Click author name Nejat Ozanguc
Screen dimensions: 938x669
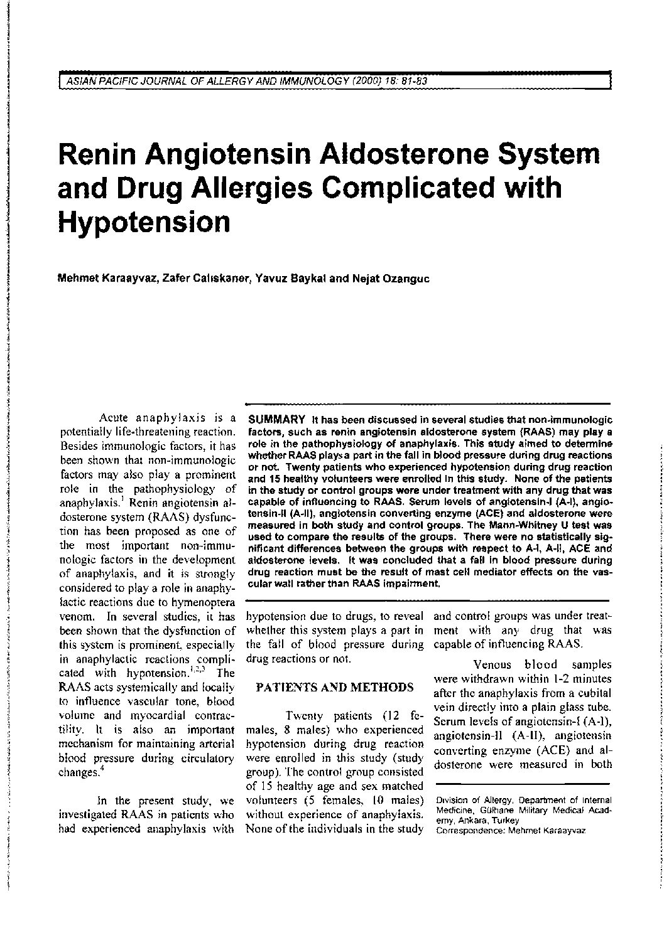tap(392, 279)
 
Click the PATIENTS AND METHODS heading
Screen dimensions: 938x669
tap(335, 687)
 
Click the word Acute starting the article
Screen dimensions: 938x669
tap(114, 417)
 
